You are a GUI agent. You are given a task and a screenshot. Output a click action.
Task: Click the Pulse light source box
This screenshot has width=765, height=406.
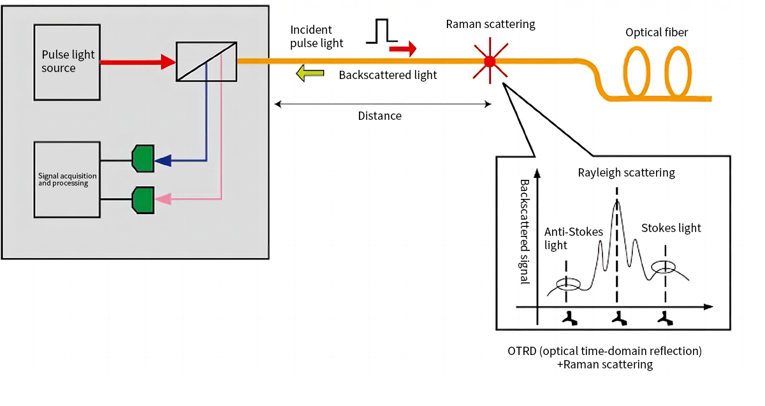tap(67, 62)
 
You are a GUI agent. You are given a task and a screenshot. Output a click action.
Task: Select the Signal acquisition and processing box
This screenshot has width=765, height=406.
tap(66, 179)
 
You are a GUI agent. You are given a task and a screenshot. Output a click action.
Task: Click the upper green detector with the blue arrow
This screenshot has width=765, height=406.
tap(142, 159)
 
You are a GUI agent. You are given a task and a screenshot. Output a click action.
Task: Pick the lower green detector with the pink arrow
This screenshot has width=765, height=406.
tap(142, 199)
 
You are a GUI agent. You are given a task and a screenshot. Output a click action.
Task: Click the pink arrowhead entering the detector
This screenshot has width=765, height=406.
tap(163, 199)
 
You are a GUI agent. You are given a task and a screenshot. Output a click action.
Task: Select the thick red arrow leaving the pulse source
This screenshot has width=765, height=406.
tap(138, 62)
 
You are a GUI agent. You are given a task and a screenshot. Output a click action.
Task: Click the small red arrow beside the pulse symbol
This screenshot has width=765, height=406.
tap(403, 48)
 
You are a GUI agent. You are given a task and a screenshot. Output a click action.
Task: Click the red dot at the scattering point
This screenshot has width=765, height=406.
tap(490, 62)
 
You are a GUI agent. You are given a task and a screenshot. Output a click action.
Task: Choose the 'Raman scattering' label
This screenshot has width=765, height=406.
tap(490, 25)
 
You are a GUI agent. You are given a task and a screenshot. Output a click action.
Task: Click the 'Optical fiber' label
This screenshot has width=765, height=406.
tap(657, 33)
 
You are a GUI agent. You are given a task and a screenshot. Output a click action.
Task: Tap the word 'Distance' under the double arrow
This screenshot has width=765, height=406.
tap(380, 116)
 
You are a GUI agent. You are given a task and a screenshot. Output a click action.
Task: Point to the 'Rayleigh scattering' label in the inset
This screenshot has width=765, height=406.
tap(626, 172)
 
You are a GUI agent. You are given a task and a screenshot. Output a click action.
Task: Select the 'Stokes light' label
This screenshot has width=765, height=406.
tap(671, 228)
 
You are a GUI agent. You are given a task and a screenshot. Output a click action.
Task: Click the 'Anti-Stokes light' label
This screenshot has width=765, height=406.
tap(573, 238)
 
